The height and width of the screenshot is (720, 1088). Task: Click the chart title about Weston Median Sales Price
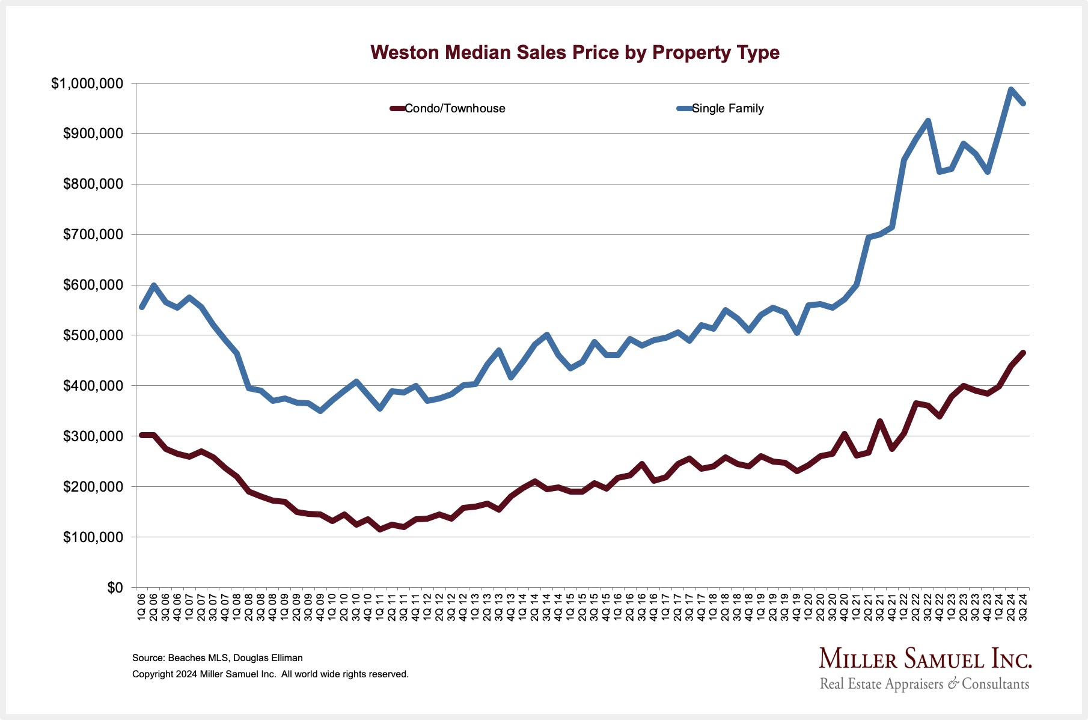tap(575, 53)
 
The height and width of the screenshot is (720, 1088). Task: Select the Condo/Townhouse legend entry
tap(454, 109)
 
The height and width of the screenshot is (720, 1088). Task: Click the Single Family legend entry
tap(727, 109)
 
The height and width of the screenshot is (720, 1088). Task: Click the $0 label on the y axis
tap(115, 588)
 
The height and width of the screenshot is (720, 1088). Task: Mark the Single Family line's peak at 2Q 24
tap(1011, 90)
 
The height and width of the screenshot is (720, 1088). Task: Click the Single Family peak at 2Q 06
tap(154, 285)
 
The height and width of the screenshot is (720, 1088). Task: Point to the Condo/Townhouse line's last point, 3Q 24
tap(1023, 353)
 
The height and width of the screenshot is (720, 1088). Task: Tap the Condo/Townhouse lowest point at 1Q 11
tap(380, 529)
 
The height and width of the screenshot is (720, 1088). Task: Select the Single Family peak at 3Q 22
tap(928, 121)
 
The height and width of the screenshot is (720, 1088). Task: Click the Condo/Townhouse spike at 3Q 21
tap(880, 421)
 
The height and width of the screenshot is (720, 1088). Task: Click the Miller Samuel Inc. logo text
tap(925, 659)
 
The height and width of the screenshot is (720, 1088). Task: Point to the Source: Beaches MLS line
tap(217, 658)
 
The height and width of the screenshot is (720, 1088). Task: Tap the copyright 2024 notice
tap(270, 674)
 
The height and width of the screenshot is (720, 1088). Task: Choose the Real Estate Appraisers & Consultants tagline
tap(924, 684)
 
